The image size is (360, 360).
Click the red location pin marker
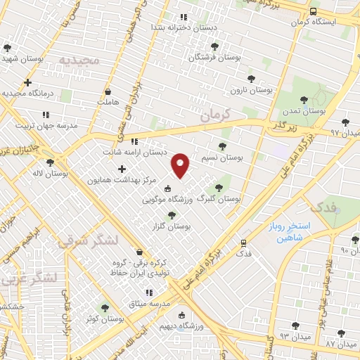[x=181, y=165]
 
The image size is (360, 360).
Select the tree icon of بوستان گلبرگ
[x=219, y=188]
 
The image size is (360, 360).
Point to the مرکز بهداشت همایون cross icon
[x=122, y=169]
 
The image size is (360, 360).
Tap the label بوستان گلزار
[x=172, y=226]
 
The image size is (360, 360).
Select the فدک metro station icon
[x=243, y=240]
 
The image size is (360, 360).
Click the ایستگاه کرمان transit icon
[x=312, y=12]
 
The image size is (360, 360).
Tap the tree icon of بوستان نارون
[x=250, y=79]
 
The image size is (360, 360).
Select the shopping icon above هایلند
[x=108, y=91]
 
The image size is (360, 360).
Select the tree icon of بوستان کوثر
[x=105, y=307]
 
